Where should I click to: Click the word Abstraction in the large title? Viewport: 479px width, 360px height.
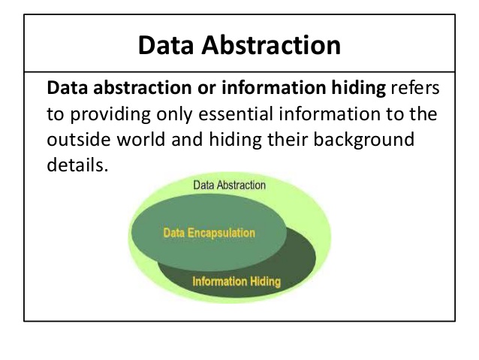coord(271,45)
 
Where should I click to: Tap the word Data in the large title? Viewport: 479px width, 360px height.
coord(166,45)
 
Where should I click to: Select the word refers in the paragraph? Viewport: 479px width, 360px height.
coord(415,87)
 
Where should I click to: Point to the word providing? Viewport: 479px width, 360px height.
coord(110,115)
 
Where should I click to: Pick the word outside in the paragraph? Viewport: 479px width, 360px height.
coord(79,140)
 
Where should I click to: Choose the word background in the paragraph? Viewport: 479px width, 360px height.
coord(364,141)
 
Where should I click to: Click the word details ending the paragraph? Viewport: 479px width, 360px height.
coord(77,165)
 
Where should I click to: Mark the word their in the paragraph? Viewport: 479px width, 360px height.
coord(288,140)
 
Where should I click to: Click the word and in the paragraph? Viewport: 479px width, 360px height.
coord(187,140)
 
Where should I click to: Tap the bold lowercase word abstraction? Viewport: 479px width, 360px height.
coord(143,87)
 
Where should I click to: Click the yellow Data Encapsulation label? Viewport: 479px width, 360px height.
coord(209,233)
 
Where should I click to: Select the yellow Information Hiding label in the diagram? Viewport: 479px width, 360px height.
coord(236,282)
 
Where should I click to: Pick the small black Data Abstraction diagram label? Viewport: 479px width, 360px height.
coord(230,185)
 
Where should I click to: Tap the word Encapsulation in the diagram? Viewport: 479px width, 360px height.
coord(221,233)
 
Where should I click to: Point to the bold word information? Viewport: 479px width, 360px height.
coord(274,87)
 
